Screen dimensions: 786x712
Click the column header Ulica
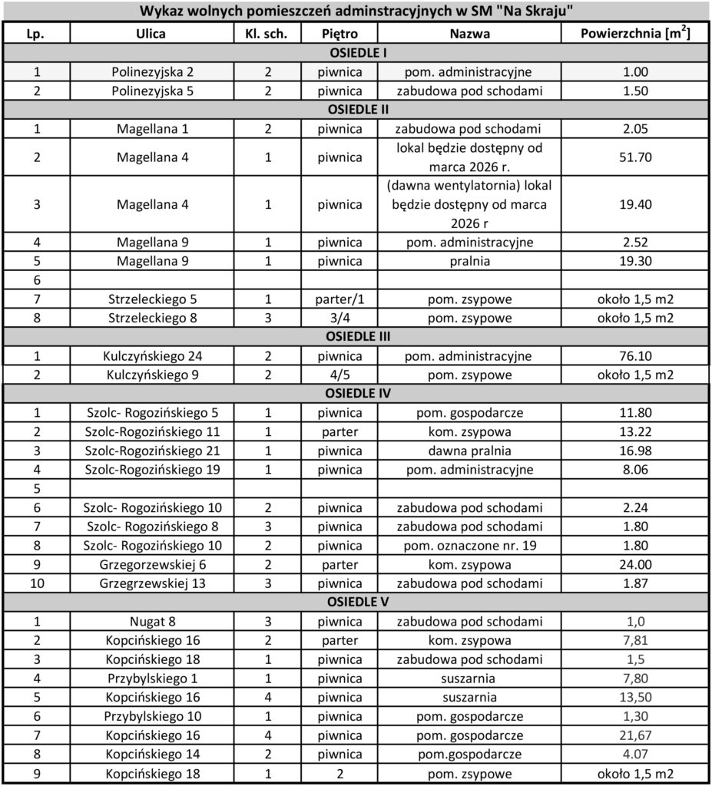(x=151, y=34)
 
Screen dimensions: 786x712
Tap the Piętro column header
(x=339, y=34)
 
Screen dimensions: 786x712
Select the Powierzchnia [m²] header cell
(x=634, y=34)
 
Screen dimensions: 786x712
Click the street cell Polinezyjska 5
(x=151, y=91)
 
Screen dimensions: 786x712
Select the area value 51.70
(x=634, y=158)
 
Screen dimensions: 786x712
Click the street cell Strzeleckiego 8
(x=151, y=318)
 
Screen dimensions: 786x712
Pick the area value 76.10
(x=634, y=356)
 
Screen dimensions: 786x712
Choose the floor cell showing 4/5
(x=339, y=375)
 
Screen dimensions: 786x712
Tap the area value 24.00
(x=634, y=564)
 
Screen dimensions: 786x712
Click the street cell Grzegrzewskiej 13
(x=151, y=583)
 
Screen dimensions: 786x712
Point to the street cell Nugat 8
(x=151, y=621)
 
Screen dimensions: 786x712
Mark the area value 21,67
(x=634, y=735)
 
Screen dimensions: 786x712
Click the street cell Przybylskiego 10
(x=151, y=716)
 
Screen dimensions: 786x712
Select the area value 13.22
(x=634, y=431)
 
